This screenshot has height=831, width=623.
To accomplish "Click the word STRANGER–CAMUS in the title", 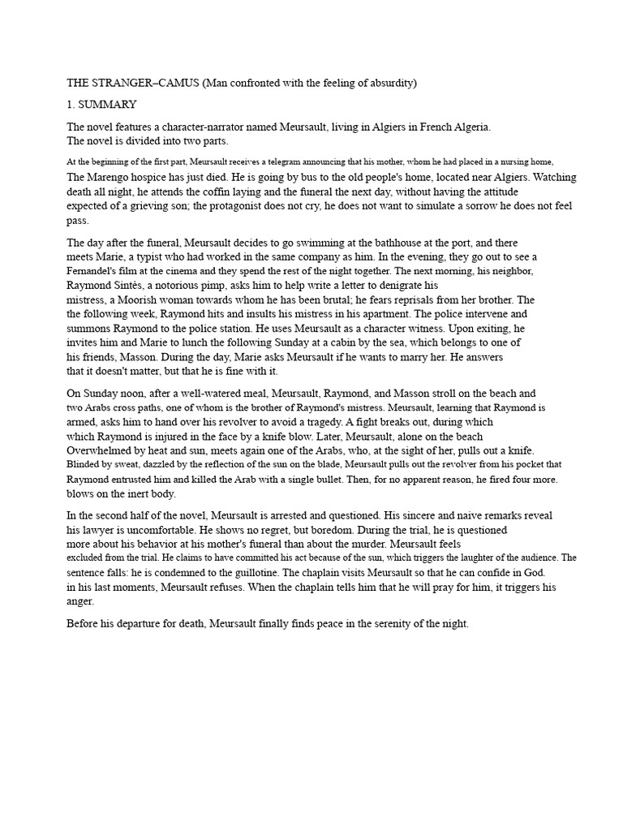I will pyautogui.click(x=142, y=84).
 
